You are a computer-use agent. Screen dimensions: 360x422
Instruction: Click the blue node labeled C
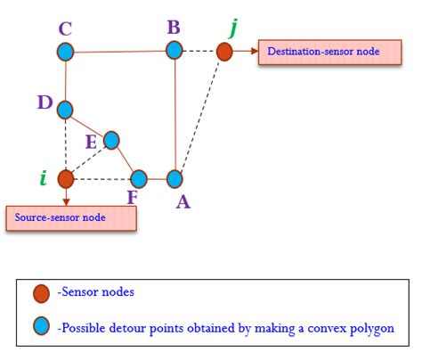[65, 52]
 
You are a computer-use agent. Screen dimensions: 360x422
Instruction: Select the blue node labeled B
[174, 51]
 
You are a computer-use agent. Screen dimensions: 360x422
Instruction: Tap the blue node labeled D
[65, 110]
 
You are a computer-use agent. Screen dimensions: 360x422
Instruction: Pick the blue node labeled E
[111, 140]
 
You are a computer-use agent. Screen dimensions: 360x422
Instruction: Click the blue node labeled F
[139, 178]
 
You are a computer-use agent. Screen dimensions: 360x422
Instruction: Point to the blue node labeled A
[174, 179]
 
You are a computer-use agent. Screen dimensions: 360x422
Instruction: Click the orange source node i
[65, 178]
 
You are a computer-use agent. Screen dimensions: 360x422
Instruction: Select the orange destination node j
[224, 52]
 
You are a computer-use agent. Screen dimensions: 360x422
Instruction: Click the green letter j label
[233, 27]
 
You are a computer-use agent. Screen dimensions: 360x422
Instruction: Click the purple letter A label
[183, 202]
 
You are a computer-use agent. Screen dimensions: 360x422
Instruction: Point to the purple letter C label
[65, 28]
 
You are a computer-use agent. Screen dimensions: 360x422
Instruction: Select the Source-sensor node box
[70, 218]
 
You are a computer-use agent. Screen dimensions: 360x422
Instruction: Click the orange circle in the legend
[40, 292]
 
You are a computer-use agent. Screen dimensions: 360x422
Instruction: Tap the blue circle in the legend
[40, 327]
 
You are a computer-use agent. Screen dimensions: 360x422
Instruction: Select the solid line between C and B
[119, 52]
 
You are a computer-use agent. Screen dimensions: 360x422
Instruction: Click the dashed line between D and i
[65, 144]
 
